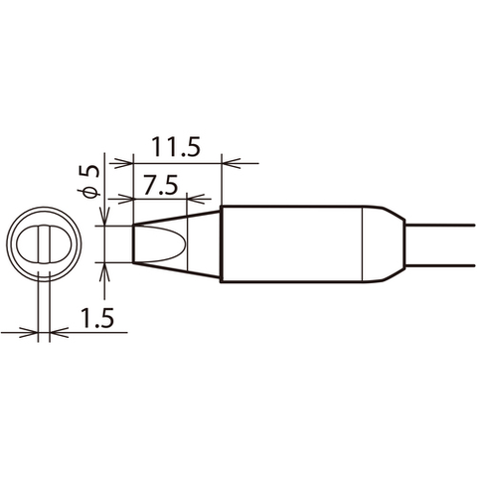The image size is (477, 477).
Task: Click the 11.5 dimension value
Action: (x=177, y=148)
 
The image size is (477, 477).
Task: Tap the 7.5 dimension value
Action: (x=160, y=185)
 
